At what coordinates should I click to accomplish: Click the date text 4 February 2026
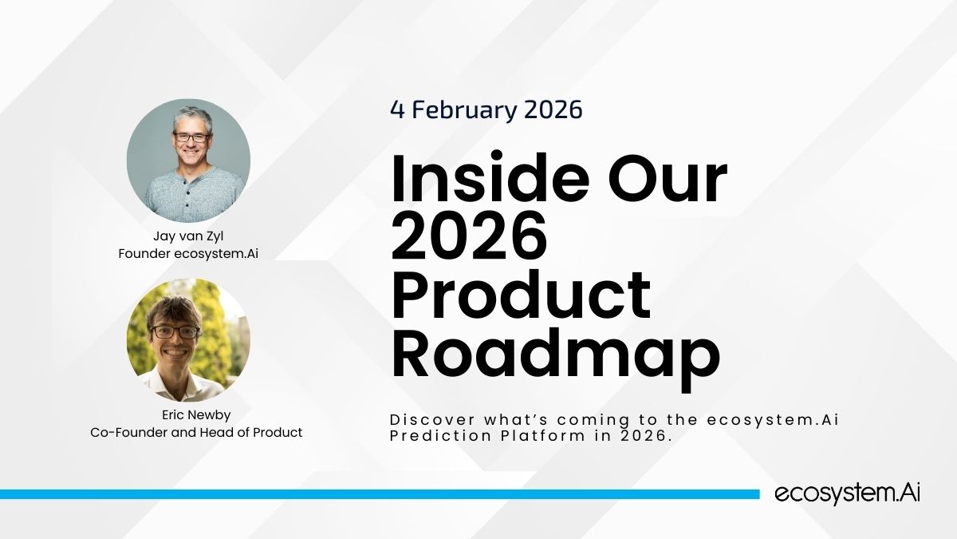point(486,109)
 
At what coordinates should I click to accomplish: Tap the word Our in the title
point(668,177)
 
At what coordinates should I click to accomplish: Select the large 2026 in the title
point(469,236)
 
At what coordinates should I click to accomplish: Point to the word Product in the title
point(522,295)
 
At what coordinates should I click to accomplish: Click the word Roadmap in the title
point(556,359)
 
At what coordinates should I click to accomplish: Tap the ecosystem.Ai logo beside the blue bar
point(847,493)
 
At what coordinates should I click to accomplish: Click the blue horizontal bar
point(380,494)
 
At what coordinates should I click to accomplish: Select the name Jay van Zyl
point(188,236)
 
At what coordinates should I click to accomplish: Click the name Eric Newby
point(196,415)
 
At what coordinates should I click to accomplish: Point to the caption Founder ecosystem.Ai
point(188,254)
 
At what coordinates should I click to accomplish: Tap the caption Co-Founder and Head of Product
point(196,433)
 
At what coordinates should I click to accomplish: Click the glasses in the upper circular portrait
point(192,137)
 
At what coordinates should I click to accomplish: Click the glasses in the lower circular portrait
point(175,332)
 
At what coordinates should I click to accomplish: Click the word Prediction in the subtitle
point(441,436)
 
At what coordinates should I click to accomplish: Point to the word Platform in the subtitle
point(543,437)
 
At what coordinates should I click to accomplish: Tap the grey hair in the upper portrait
point(193,117)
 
